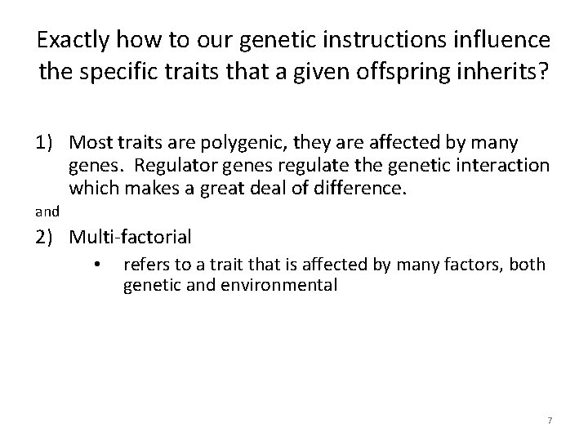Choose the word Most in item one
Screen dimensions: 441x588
pos(87,144)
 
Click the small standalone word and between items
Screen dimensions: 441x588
pos(47,212)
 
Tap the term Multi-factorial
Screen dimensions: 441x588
pos(130,238)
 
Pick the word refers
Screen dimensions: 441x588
pos(145,266)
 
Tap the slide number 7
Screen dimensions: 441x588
pos(550,420)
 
